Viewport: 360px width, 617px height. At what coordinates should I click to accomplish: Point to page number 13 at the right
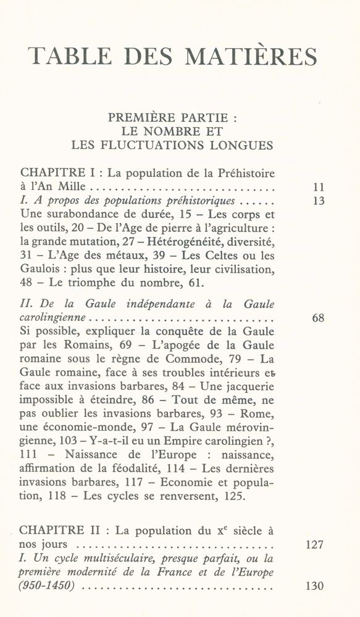point(319,201)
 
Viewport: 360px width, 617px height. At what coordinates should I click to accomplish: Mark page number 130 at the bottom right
point(315,587)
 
